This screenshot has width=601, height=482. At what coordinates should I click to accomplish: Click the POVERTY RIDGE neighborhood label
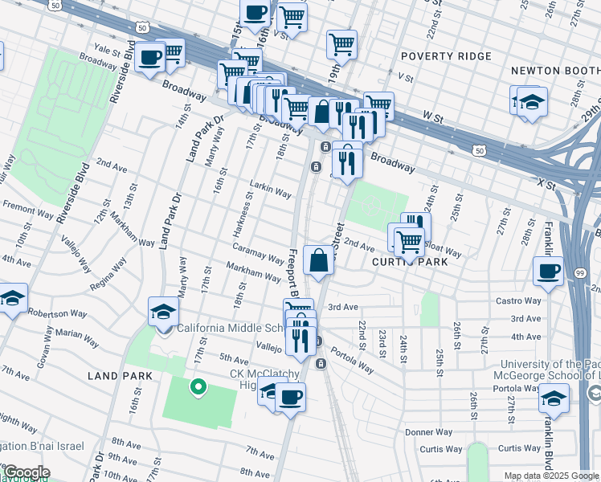pyautogui.click(x=445, y=56)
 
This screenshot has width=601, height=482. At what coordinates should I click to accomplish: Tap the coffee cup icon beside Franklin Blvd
pyautogui.click(x=549, y=271)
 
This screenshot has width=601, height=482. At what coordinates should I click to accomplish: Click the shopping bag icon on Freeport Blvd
pyautogui.click(x=318, y=260)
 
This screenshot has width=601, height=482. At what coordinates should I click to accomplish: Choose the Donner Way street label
pyautogui.click(x=422, y=431)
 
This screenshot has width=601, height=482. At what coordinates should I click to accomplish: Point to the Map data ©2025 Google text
pyautogui.click(x=550, y=476)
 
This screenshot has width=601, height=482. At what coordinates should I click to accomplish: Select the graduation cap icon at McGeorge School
pyautogui.click(x=554, y=397)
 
